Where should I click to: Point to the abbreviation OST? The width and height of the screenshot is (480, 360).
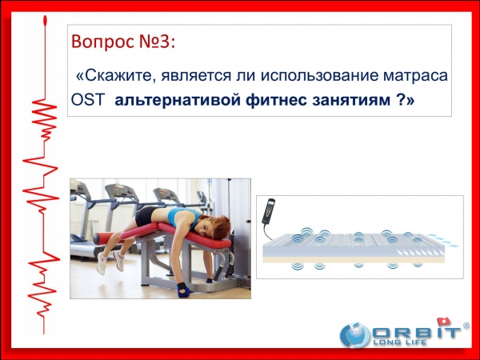click(88, 100)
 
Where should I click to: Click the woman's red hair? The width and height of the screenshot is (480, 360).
click(221, 227)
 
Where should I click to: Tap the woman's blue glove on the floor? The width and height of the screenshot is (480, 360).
click(183, 290)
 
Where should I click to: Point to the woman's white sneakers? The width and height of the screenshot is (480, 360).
click(110, 262)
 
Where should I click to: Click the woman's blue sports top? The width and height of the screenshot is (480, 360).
click(182, 216)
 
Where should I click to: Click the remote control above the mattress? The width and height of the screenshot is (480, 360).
click(269, 211)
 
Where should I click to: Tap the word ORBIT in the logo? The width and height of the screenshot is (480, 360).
click(416, 333)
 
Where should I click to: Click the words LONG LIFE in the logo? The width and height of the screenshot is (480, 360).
click(400, 342)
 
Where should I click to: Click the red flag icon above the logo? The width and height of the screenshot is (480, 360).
click(444, 322)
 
